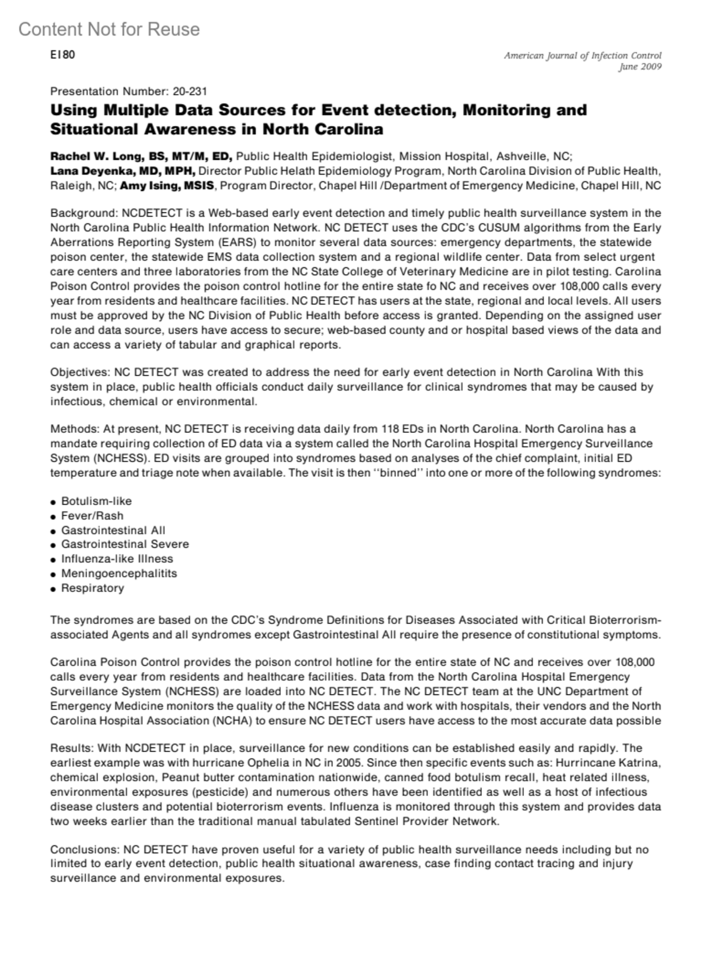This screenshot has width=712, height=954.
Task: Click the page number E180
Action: click(x=62, y=55)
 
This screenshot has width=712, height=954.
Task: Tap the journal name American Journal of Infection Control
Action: click(x=582, y=56)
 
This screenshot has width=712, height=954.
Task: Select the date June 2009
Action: click(x=640, y=66)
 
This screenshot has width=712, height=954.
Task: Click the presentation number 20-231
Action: click(x=190, y=91)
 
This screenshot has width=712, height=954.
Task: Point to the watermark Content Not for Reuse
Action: click(x=109, y=29)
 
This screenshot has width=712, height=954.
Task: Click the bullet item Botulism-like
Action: click(x=96, y=501)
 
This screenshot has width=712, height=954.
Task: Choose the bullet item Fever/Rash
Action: click(x=92, y=516)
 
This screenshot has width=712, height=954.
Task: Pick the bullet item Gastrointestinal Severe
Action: click(x=125, y=544)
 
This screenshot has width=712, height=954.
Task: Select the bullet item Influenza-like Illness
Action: click(x=117, y=559)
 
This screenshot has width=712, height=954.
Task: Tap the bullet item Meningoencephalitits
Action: click(x=119, y=573)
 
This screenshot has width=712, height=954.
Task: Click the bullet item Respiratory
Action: click(x=93, y=588)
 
